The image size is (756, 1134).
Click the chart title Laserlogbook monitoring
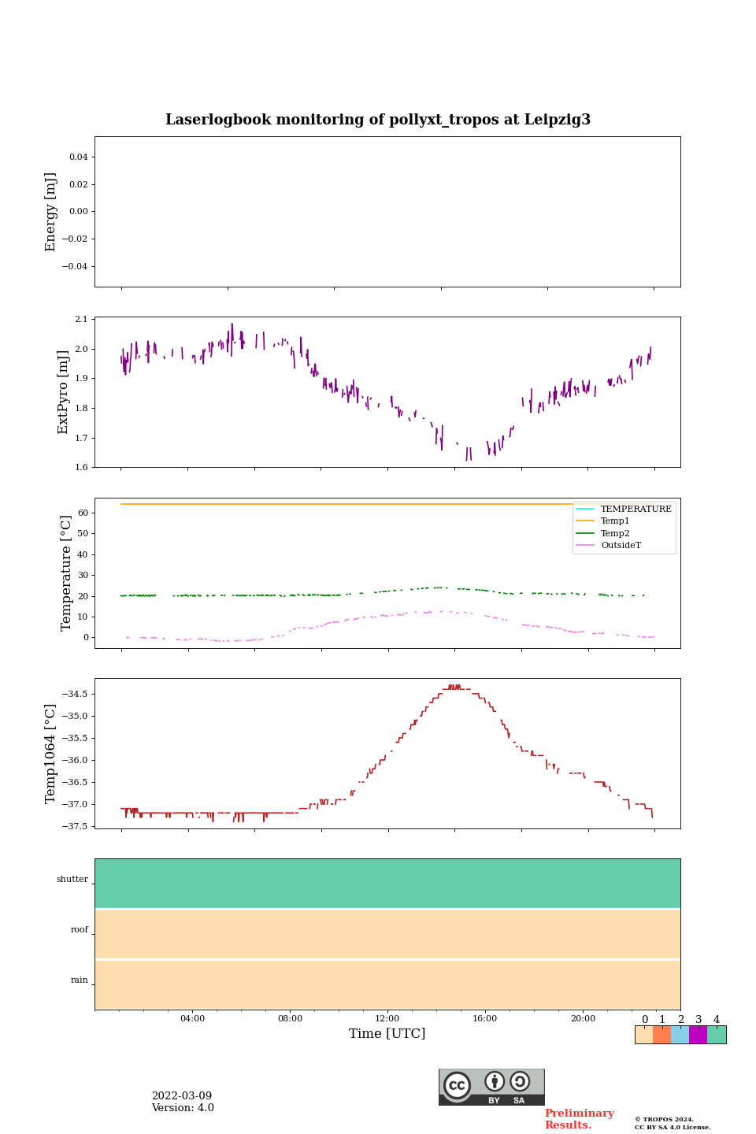pyautogui.click(x=377, y=120)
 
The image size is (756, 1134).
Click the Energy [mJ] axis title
pyautogui.click(x=51, y=212)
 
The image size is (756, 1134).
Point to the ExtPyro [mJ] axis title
pyautogui.click(x=64, y=392)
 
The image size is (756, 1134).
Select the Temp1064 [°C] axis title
pyautogui.click(x=51, y=754)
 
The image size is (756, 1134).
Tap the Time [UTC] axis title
pyautogui.click(x=387, y=1033)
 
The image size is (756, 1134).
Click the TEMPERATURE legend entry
pyautogui.click(x=636, y=510)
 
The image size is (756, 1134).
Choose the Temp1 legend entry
pyautogui.click(x=615, y=521)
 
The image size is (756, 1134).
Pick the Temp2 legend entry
pyautogui.click(x=615, y=533)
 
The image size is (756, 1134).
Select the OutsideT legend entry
pyautogui.click(x=621, y=545)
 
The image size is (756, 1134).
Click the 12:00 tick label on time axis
pyautogui.click(x=387, y=1018)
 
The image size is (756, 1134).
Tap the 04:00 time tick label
pyautogui.click(x=192, y=1018)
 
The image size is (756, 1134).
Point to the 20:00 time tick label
pyautogui.click(x=583, y=1018)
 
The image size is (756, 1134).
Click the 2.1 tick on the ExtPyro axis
pyautogui.click(x=81, y=319)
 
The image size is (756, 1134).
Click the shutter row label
pyautogui.click(x=72, y=880)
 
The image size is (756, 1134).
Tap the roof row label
pyautogui.click(x=79, y=930)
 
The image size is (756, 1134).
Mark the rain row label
pyautogui.click(x=79, y=980)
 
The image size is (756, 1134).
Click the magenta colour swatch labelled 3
pyautogui.click(x=698, y=1035)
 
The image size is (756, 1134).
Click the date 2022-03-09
pyautogui.click(x=181, y=1096)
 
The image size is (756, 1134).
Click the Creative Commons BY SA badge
pyautogui.click(x=491, y=1087)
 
